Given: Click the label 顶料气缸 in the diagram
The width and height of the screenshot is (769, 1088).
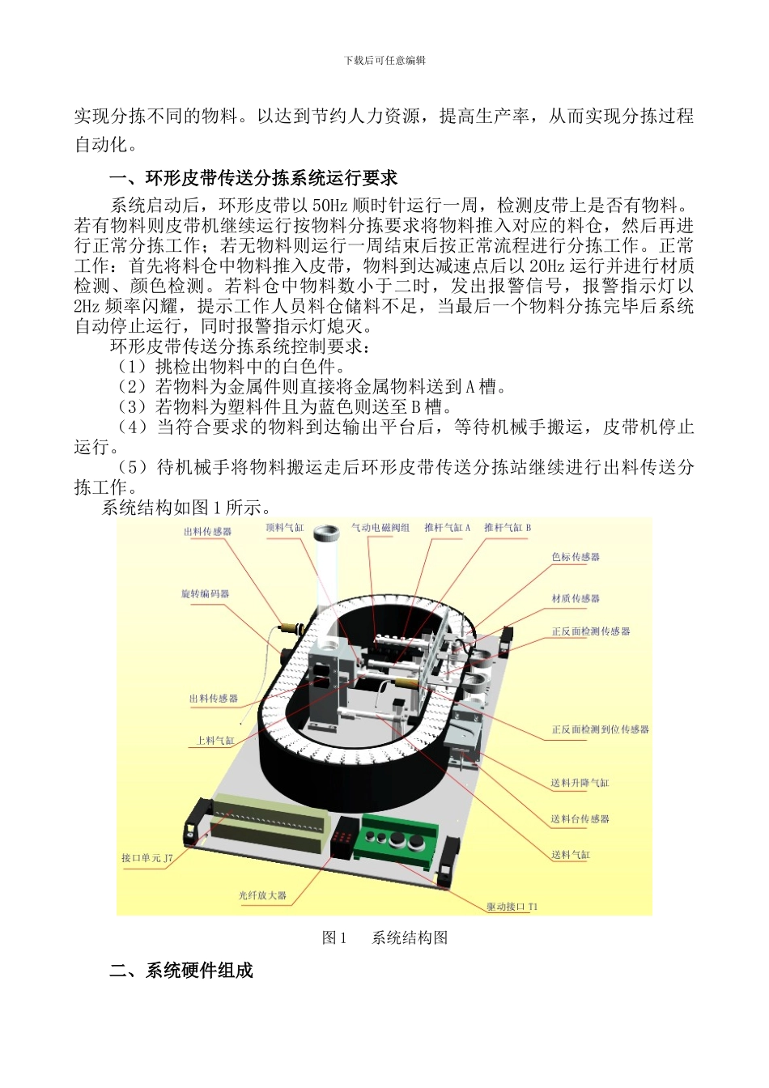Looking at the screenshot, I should (285, 528).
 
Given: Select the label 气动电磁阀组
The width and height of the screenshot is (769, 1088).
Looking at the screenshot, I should (380, 528).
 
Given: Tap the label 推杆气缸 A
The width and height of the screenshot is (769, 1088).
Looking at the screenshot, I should (447, 528).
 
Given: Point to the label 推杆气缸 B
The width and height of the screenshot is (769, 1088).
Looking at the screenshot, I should (508, 528).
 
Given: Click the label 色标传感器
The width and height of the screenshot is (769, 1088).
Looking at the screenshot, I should (576, 557).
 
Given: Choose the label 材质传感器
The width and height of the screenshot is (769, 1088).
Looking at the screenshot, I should (576, 598).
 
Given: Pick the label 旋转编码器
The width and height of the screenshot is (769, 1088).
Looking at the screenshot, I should (206, 594).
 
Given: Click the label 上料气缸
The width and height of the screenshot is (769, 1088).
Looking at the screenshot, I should (216, 741).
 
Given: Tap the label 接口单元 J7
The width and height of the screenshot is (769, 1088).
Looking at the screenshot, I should (147, 858).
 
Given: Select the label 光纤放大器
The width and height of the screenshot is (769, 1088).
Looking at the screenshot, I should (262, 895).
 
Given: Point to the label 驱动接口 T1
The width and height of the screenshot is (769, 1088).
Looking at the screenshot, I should (512, 907).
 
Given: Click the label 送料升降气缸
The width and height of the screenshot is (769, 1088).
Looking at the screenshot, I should (580, 783).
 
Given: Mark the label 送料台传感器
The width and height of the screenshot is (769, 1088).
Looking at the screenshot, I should (580, 819).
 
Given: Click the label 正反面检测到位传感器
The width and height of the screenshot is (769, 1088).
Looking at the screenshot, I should (600, 729).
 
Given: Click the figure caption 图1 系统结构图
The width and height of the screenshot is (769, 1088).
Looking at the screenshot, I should (384, 937).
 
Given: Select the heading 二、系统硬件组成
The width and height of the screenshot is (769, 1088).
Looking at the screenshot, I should (181, 970).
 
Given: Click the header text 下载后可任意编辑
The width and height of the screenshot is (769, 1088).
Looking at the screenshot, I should (384, 61).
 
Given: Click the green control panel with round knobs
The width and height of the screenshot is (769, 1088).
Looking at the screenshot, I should (399, 840).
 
